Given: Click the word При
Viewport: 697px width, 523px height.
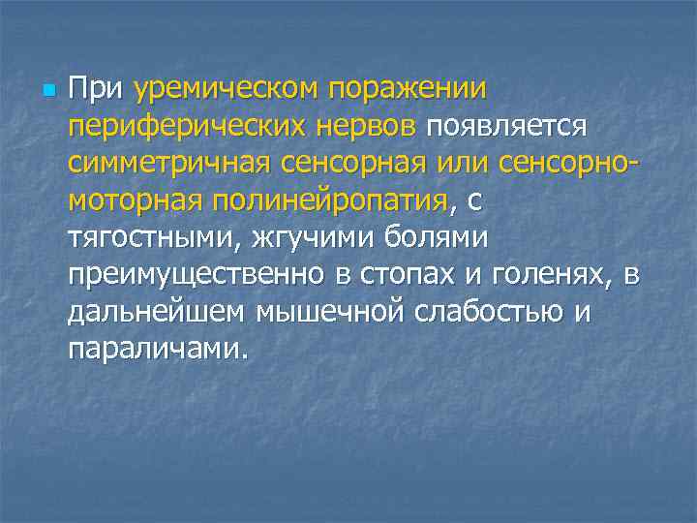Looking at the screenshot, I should tap(96, 90).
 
